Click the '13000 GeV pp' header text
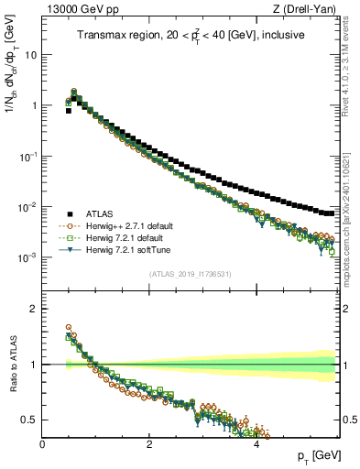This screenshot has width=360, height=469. point(79,10)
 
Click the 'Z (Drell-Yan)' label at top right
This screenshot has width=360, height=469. point(309,10)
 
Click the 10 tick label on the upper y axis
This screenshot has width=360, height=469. point(30,54)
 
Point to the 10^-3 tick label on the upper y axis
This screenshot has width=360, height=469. point(28,258)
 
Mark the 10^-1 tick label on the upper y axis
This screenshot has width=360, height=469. point(28,156)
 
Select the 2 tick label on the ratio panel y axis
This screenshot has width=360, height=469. point(33,309)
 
